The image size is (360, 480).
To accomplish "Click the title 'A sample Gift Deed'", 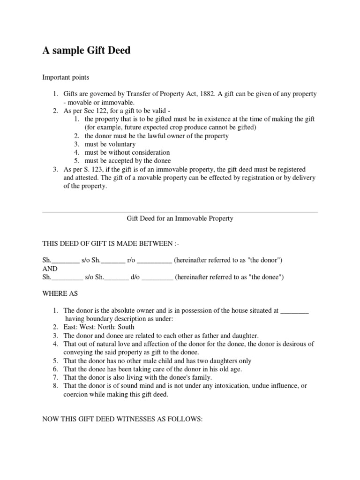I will [x=87, y=51].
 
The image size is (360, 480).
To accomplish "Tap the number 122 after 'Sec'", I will [x=98, y=111].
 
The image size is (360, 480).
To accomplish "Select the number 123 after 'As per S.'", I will [x=100, y=169].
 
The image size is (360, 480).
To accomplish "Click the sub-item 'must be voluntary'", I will [x=110, y=144].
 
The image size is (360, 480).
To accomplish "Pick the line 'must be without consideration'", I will [x=127, y=153].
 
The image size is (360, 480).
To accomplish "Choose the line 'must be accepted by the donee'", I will [x=127, y=161].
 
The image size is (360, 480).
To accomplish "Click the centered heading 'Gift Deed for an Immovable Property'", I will [x=180, y=218].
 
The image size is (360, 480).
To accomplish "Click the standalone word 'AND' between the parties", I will [x=50, y=269].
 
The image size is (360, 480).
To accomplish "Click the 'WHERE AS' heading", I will [x=60, y=293].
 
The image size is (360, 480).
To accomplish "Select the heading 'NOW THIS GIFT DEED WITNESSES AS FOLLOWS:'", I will [x=122, y=420].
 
